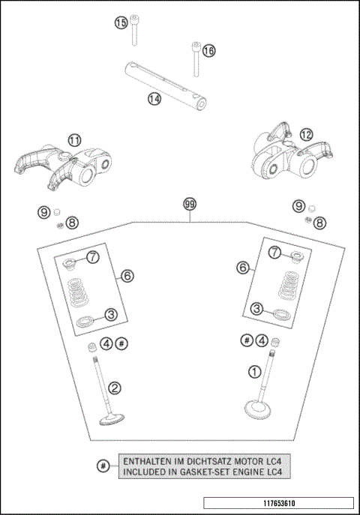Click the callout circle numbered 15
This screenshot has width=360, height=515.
[121, 22]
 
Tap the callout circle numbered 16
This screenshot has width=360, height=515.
[209, 50]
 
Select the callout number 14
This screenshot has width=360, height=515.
[154, 98]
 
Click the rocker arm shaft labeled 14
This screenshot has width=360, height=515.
[166, 85]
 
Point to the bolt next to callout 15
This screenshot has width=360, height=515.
[134, 29]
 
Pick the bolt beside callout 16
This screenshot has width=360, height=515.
[196, 59]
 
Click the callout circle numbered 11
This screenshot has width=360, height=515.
[74, 141]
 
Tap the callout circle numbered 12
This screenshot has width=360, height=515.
[306, 135]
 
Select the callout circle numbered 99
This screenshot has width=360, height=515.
[190, 204]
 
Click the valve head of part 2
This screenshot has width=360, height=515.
[112, 420]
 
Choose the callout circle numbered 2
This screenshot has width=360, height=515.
[115, 388]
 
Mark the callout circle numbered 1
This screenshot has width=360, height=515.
[254, 372]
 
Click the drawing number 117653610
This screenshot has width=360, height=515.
[279, 503]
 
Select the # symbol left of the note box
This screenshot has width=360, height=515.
[103, 466]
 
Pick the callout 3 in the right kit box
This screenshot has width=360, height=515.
[256, 309]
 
